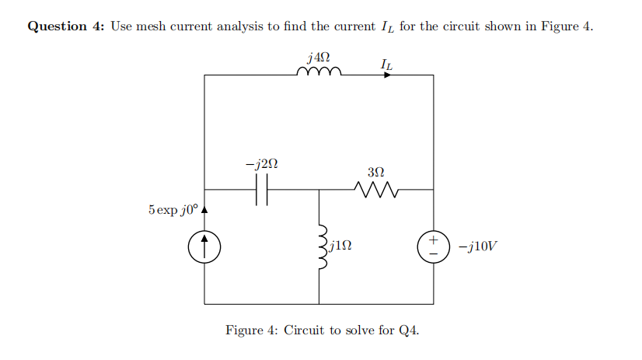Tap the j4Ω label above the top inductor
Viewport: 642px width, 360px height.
point(319,56)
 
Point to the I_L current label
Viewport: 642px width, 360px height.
point(386,62)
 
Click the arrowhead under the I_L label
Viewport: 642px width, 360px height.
point(388,75)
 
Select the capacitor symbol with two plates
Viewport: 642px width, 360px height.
point(262,189)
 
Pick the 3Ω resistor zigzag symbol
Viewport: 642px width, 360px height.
point(375,189)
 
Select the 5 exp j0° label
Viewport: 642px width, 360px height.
point(173,210)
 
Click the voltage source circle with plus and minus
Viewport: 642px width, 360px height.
point(433,246)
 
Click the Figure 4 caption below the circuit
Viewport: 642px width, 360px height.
point(322,330)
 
